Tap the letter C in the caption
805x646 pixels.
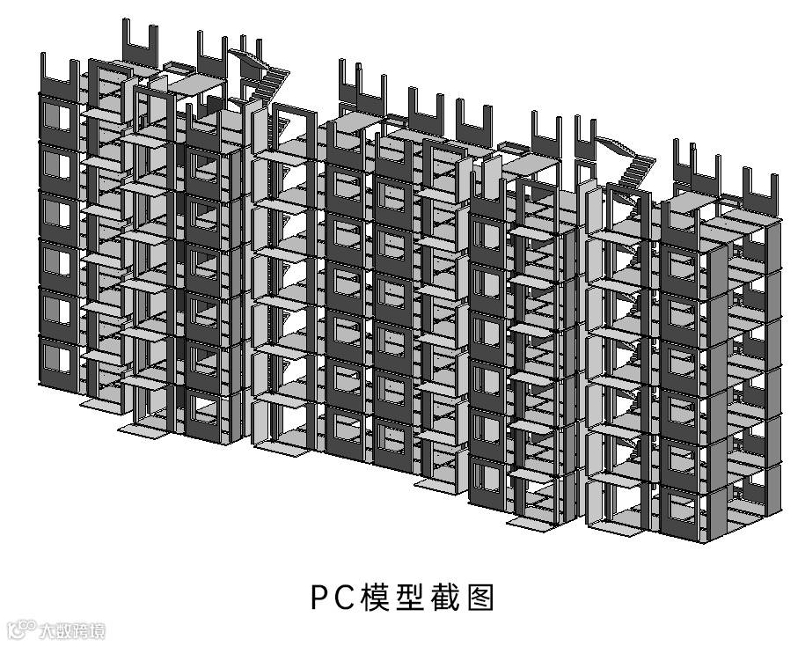click(x=344, y=598)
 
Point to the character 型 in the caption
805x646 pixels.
click(x=404, y=598)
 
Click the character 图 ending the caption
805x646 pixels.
click(x=479, y=598)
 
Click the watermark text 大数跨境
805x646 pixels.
click(x=72, y=631)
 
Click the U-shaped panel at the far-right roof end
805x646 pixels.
click(x=762, y=190)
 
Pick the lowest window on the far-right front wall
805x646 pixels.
click(x=680, y=509)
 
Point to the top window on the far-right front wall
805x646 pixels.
click(x=678, y=264)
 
